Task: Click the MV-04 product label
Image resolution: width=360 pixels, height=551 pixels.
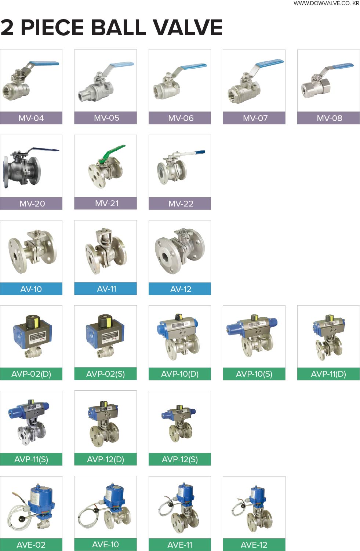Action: (31, 118)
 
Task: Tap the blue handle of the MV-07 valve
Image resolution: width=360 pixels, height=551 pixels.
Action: (269, 63)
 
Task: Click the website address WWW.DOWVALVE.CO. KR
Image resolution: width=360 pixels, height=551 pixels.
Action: (326, 3)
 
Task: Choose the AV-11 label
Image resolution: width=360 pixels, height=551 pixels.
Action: (106, 289)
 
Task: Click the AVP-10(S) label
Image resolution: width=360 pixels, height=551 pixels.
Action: (254, 374)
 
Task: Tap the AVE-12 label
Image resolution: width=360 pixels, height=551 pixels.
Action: (254, 545)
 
